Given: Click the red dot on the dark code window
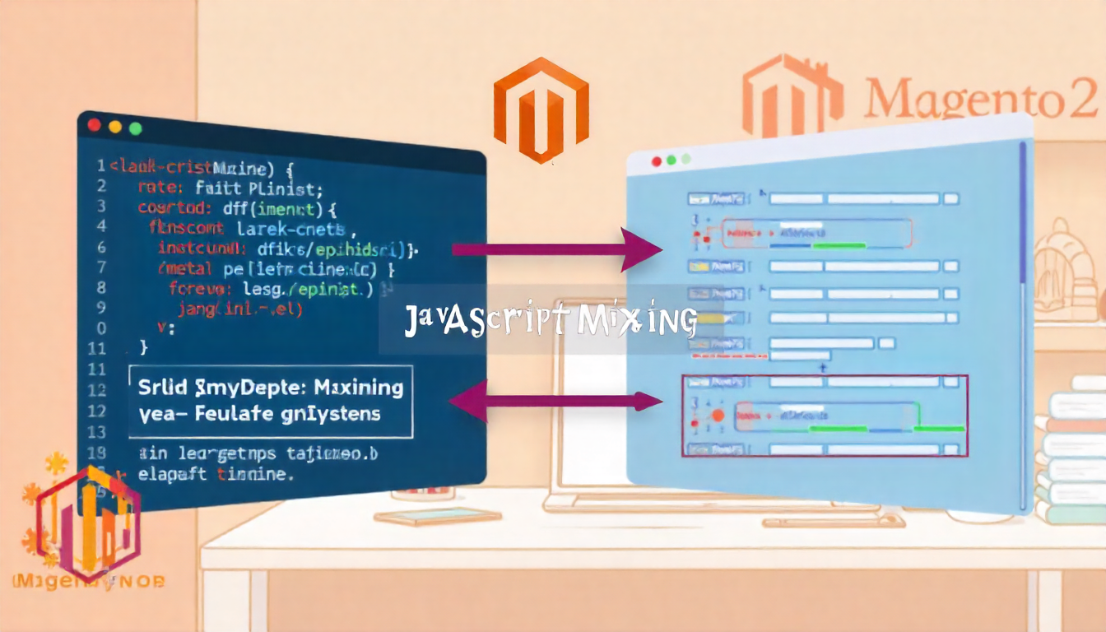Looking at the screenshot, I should (x=94, y=125).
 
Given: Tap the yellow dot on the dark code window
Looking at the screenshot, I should (x=115, y=127).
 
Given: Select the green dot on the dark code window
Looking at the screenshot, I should (x=136, y=128).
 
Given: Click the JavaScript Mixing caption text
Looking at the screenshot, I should (x=551, y=320).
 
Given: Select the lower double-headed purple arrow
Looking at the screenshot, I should (x=555, y=401).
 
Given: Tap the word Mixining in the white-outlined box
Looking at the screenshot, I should (x=360, y=387).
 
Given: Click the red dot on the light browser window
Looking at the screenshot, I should (x=656, y=162).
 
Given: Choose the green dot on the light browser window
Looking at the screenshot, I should (x=685, y=159).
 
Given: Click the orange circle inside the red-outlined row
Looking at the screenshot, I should (x=718, y=416).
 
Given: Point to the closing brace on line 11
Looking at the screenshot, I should (x=145, y=347).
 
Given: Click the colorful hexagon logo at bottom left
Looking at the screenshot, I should (x=88, y=522).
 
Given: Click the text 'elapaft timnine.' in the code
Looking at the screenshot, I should (x=216, y=475).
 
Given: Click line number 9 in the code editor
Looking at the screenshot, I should (x=101, y=308).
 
